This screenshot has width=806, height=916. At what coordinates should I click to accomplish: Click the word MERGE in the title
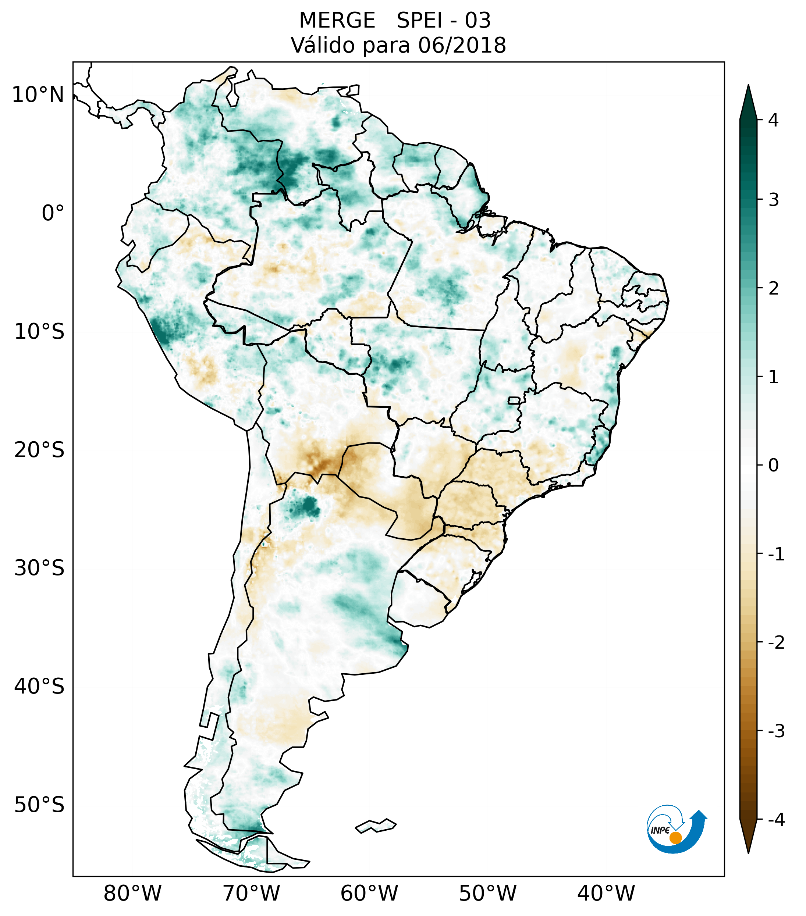[337, 21]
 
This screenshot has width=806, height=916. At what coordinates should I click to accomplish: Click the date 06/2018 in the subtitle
[462, 45]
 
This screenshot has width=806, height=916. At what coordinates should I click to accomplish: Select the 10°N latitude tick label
[38, 95]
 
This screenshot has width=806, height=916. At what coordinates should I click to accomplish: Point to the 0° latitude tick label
[53, 213]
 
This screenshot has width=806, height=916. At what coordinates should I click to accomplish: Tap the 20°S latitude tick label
[39, 450]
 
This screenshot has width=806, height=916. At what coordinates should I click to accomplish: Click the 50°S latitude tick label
[39, 805]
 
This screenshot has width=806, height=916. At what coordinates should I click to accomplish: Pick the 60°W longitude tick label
[369, 893]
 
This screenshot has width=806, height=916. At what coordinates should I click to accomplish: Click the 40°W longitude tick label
[606, 893]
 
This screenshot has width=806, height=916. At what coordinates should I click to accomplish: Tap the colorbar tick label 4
[773, 120]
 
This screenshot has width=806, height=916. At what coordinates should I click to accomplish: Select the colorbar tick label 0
[773, 465]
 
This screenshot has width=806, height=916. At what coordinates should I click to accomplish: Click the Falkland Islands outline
[376, 826]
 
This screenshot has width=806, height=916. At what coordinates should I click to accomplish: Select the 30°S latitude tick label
[39, 568]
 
